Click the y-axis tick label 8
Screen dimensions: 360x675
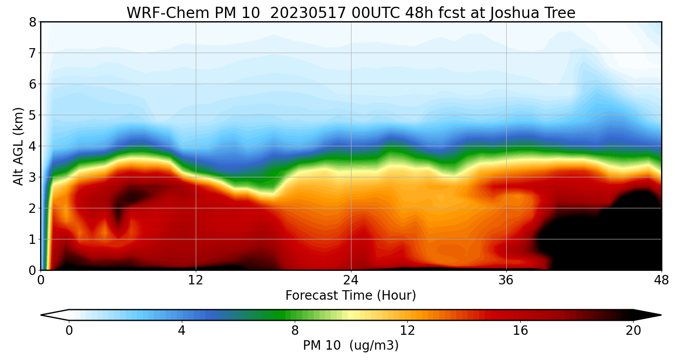click(x=32, y=22)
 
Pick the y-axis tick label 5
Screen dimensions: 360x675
click(x=32, y=115)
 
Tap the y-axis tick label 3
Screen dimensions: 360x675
click(x=32, y=177)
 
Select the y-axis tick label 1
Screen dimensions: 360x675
click(x=32, y=239)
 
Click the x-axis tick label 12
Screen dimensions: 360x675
click(x=196, y=280)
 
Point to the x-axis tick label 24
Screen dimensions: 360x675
click(x=351, y=280)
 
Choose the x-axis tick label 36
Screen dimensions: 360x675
click(x=506, y=280)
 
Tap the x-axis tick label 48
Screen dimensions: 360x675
click(x=661, y=280)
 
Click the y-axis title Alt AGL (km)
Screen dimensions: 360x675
click(x=18, y=146)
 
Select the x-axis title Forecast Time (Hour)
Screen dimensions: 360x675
click(x=351, y=296)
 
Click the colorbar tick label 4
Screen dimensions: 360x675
click(x=181, y=331)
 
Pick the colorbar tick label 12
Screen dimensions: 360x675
click(x=407, y=331)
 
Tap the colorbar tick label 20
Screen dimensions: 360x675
click(x=633, y=331)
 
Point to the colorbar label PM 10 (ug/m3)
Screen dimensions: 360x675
click(x=351, y=346)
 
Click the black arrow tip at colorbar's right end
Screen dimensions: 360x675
click(x=652, y=315)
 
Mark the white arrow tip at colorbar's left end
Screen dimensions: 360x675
click(x=49, y=315)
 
